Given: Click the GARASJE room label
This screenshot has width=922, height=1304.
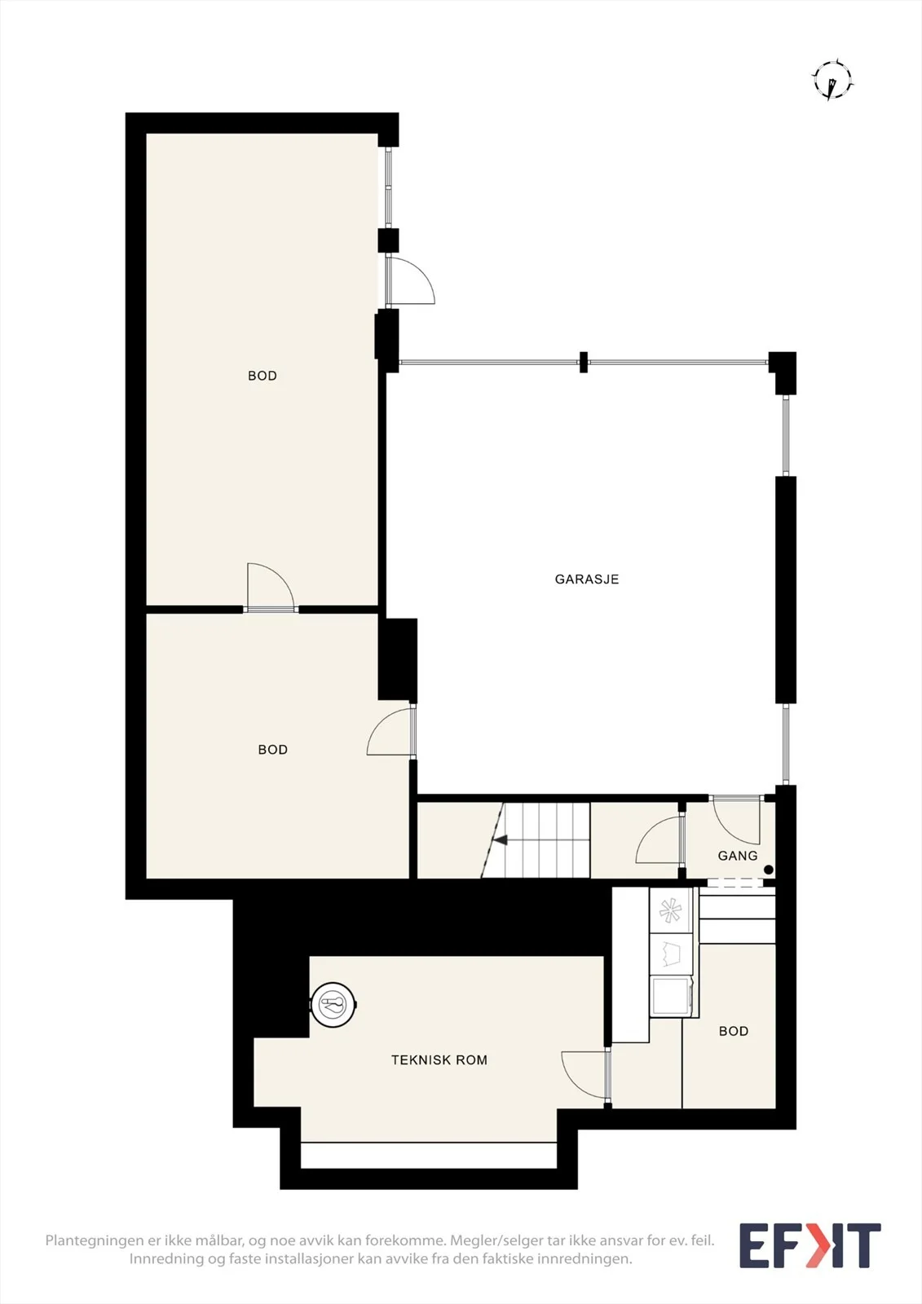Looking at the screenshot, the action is [x=586, y=579].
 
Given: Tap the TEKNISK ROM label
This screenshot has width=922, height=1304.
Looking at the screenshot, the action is [x=439, y=1060].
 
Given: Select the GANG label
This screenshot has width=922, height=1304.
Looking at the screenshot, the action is [x=738, y=856].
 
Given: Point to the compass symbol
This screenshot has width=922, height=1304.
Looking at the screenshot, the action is [x=833, y=80].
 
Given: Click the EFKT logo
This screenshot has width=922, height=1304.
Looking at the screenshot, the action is [x=810, y=1246].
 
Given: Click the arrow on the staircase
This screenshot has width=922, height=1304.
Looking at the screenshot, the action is [x=501, y=840].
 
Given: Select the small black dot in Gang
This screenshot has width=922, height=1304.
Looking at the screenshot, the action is [x=768, y=870].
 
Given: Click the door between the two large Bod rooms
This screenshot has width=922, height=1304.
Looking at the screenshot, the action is [x=271, y=588].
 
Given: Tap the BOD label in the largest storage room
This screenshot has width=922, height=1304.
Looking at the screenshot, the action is [x=262, y=376].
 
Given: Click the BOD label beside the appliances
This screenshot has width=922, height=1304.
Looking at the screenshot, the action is [x=734, y=1031].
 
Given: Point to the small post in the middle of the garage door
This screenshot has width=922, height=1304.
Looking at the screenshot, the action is [x=583, y=362].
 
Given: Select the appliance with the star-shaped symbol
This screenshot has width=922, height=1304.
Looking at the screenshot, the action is [x=671, y=911].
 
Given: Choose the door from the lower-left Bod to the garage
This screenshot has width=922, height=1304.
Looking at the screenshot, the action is [x=391, y=730].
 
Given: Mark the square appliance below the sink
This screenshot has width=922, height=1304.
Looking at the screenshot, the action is [x=671, y=996].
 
